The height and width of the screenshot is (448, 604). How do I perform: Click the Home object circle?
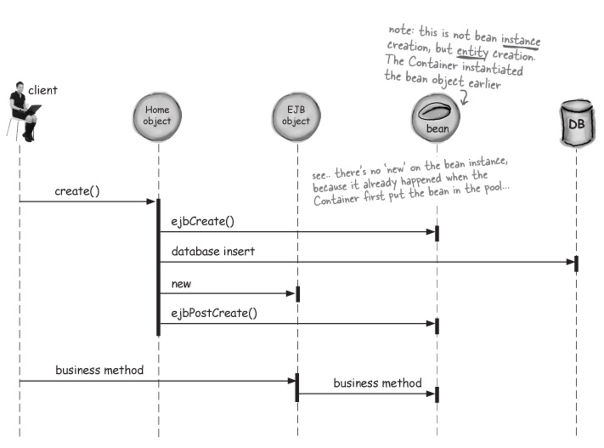click(x=158, y=117)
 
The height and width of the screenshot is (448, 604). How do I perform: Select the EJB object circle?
click(x=296, y=117)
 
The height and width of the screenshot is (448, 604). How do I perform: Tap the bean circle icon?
click(x=436, y=118)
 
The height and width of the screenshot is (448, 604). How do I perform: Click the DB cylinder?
click(x=577, y=123)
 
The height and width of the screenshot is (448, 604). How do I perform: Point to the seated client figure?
click(x=23, y=112)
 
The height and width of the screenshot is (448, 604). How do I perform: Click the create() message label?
click(x=77, y=191)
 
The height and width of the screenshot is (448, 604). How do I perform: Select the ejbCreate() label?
click(x=203, y=221)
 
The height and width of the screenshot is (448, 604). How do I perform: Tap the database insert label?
click(x=213, y=251)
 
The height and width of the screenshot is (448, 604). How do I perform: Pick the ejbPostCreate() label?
click(x=214, y=313)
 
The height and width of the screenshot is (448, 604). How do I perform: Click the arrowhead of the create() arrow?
click(x=151, y=201)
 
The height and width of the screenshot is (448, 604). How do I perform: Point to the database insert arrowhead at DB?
click(x=570, y=262)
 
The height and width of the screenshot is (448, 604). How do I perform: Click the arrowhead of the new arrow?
click(x=291, y=293)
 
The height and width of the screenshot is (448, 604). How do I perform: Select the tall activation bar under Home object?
click(x=158, y=267)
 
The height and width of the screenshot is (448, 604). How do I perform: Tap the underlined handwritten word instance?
click(x=521, y=41)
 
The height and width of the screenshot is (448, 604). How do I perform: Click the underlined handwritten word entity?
click(x=472, y=52)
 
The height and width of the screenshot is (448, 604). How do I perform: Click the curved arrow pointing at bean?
click(x=464, y=98)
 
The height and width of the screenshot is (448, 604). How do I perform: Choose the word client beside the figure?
click(x=43, y=90)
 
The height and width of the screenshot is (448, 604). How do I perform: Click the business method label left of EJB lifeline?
click(x=99, y=370)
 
